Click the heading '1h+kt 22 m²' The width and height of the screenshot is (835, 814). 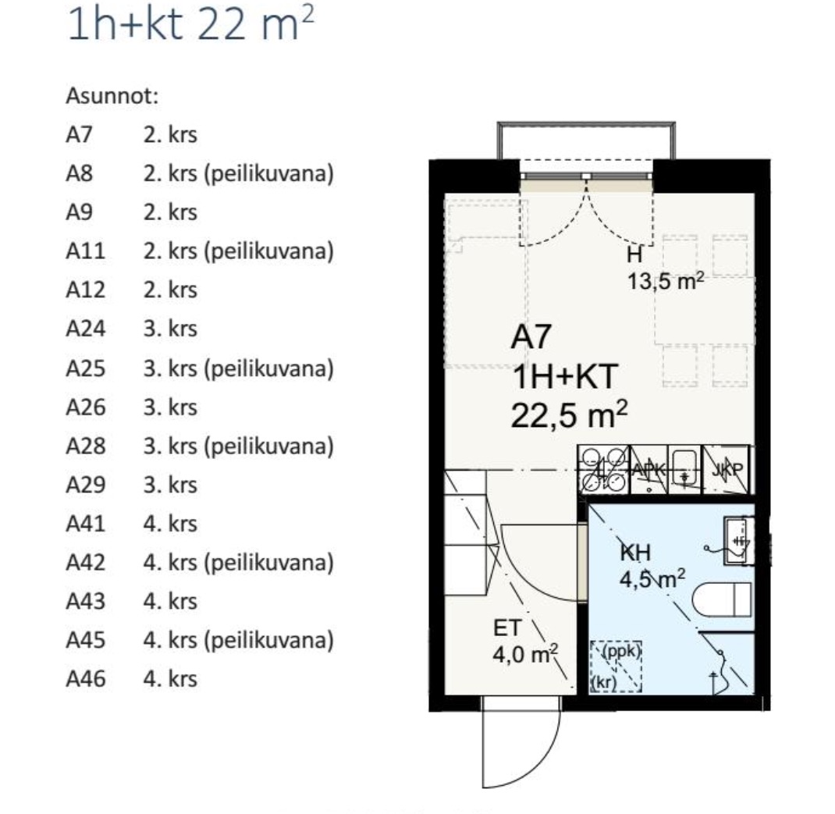190,23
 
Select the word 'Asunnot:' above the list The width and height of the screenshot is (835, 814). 112,97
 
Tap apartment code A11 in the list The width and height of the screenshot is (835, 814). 85,251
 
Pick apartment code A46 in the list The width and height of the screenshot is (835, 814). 86,679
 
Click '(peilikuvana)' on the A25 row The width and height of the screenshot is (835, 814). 269,368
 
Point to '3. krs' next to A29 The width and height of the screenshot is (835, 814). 170,485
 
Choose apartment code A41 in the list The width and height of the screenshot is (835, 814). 86,524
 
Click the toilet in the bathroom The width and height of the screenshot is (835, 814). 723,600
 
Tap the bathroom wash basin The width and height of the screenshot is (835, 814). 738,541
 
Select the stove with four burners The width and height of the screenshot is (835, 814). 603,469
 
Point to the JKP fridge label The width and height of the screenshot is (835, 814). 727,469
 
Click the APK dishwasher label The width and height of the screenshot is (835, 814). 648,469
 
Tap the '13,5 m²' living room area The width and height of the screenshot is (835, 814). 666,280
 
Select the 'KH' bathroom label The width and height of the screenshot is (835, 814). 635,553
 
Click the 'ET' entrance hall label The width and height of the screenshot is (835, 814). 507,628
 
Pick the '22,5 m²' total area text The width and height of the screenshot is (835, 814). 569,414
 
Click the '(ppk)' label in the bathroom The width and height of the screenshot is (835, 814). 621,650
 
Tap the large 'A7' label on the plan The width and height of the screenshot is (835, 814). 531,336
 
